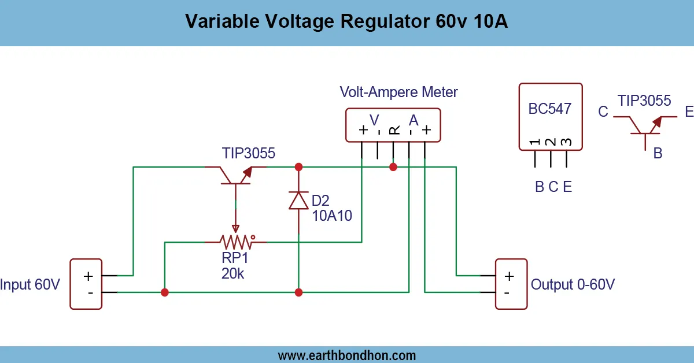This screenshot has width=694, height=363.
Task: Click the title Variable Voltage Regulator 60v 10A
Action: [x=347, y=22]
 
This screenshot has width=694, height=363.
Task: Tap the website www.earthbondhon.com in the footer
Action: [x=347, y=355]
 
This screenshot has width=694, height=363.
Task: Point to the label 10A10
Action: [x=331, y=216]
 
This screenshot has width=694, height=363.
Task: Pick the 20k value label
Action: [x=232, y=274]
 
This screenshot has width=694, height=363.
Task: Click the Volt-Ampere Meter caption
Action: [x=398, y=92]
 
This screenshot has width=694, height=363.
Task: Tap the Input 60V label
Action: [x=30, y=284]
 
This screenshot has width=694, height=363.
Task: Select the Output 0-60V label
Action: [x=573, y=284]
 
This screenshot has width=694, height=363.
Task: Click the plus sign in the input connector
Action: [x=88, y=276]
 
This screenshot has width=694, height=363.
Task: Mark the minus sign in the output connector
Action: [x=507, y=292]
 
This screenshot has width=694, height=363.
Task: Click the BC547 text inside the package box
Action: [x=550, y=109]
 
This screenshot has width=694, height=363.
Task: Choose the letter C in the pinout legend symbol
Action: [x=603, y=112]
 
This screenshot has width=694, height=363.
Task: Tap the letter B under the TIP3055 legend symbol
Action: [x=658, y=153]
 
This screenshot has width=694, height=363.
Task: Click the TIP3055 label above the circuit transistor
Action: [x=249, y=153]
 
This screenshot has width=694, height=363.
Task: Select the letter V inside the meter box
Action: [x=375, y=120]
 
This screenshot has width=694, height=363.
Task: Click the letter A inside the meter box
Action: [x=414, y=120]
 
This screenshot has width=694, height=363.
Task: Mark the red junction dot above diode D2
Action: [x=298, y=167]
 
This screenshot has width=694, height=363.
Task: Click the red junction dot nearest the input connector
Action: [x=165, y=292]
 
